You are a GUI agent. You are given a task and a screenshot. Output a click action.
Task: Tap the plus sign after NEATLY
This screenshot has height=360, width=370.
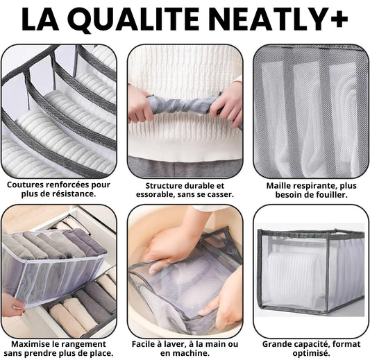[338, 19]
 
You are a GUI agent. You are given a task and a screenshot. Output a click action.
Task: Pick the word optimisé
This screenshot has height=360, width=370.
[311, 354]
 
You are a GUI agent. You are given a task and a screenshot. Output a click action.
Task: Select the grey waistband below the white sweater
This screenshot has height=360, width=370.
[185, 167]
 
